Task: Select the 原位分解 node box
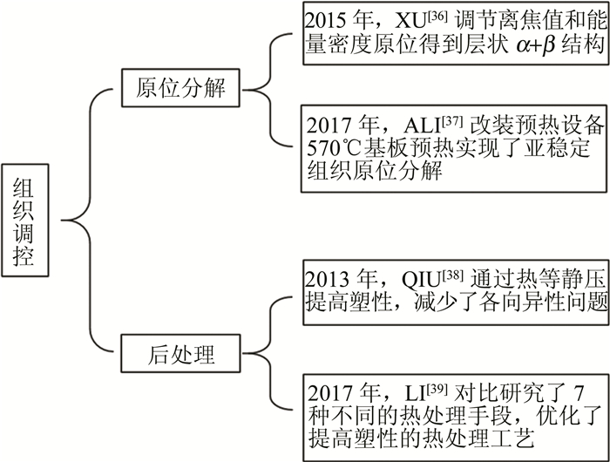click(x=182, y=89)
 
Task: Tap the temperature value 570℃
click(x=335, y=145)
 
